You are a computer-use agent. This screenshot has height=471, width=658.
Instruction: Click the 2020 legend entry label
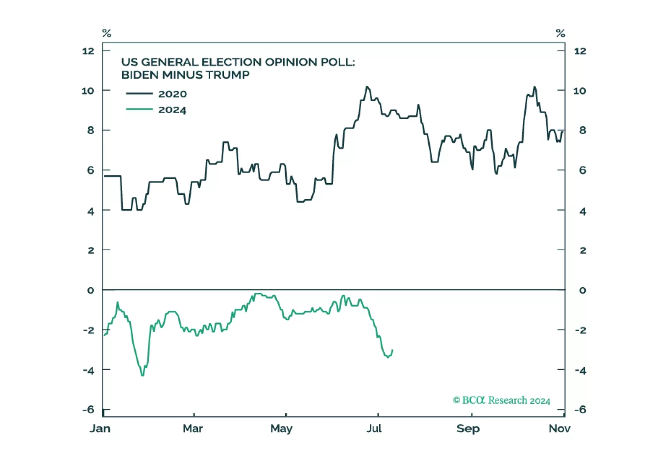click(172, 94)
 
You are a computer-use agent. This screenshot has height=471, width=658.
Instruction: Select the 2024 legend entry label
click(172, 110)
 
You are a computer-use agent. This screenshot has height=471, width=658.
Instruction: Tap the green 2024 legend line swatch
click(139, 110)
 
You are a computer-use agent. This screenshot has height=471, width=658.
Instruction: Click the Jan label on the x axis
click(100, 429)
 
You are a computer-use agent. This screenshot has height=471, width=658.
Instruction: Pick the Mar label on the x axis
click(193, 429)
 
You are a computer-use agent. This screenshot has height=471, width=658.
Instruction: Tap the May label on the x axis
click(281, 429)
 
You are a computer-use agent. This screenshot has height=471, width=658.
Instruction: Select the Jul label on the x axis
click(374, 429)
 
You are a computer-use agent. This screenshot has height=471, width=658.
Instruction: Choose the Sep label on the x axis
click(468, 429)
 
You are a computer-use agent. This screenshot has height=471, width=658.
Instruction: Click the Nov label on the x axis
click(559, 429)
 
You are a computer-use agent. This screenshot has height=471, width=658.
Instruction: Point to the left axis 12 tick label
click(88, 51)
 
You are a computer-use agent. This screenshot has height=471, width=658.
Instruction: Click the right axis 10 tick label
click(580, 91)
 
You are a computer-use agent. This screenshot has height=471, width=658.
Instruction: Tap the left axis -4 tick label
click(89, 371)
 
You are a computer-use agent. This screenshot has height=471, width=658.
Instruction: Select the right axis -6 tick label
click(580, 410)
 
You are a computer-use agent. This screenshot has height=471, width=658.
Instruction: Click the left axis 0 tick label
click(91, 290)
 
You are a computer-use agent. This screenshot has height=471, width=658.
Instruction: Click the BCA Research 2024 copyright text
click(501, 401)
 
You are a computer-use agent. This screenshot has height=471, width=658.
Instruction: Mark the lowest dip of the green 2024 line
click(143, 375)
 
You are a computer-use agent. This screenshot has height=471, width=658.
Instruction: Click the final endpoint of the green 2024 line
click(392, 350)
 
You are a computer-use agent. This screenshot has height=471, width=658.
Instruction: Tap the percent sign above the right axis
click(560, 33)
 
